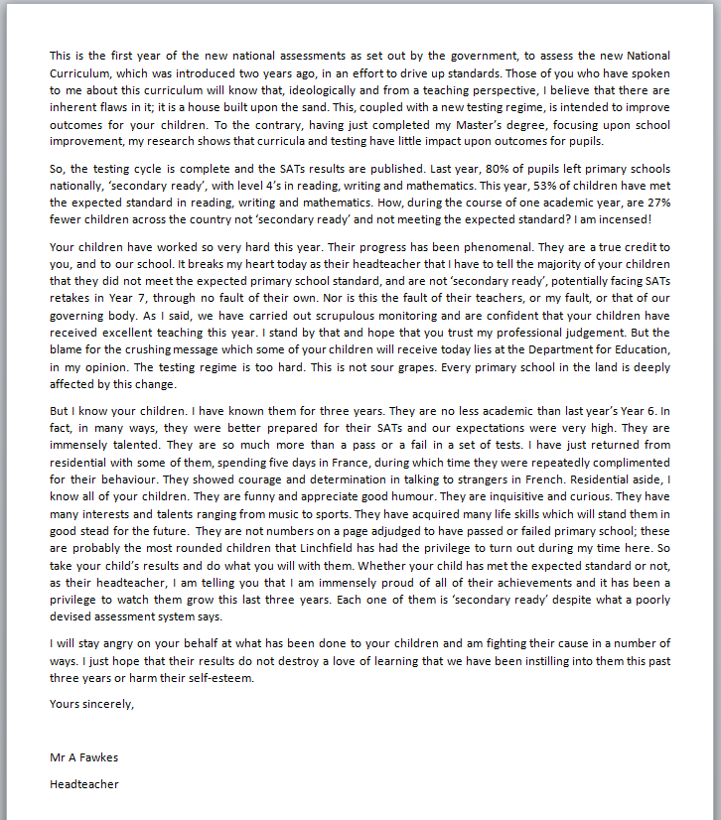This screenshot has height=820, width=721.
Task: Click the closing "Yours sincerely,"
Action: (x=91, y=705)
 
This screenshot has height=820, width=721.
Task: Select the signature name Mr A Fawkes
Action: (x=83, y=756)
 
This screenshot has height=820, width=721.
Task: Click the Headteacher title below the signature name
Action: (x=83, y=784)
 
